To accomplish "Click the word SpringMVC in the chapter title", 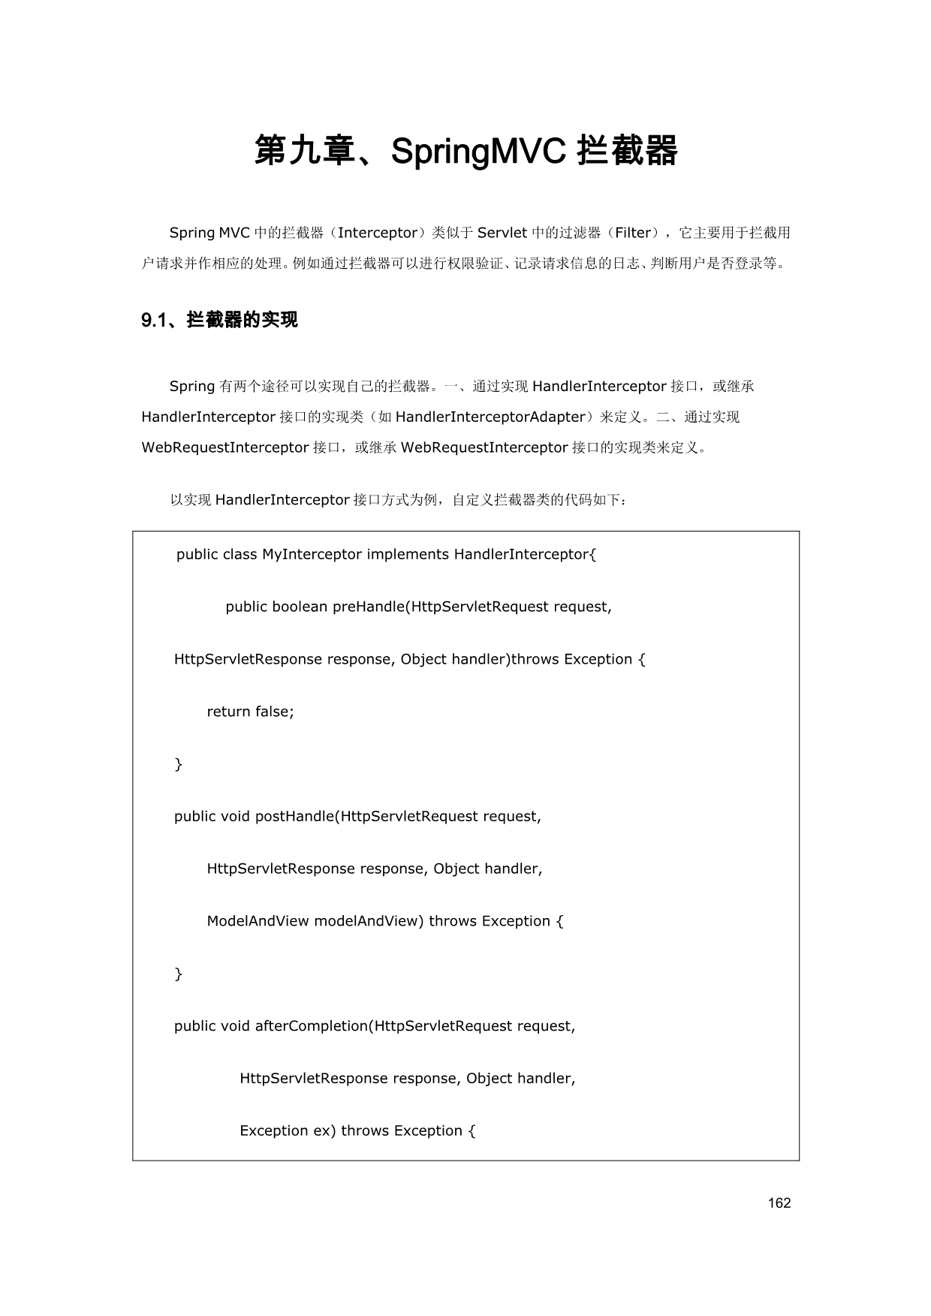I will point(478,152).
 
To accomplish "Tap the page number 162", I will point(779,1203).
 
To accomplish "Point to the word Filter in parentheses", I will point(633,233).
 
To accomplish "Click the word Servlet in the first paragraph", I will point(502,233).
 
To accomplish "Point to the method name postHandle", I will point(294,816).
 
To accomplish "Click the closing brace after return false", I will point(179,764).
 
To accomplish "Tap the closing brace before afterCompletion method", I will point(179,974).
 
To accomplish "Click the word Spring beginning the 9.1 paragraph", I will point(192,387).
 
